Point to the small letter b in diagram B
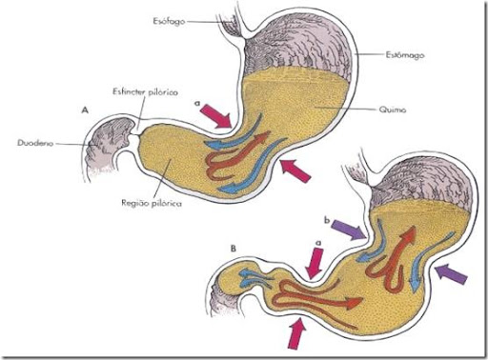coord(327,220)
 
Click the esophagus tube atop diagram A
coord(232,23)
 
